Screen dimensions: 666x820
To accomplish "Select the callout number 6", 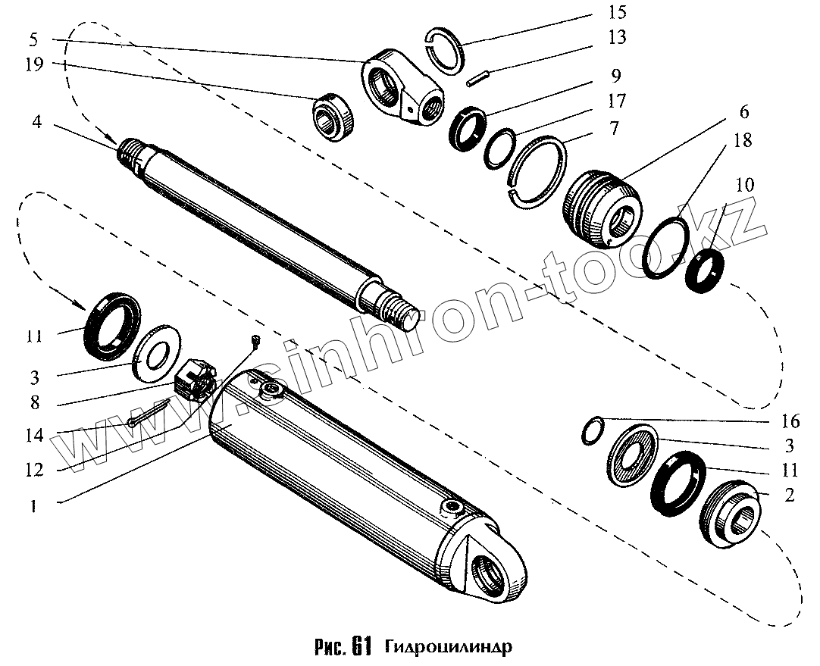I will click(743, 112).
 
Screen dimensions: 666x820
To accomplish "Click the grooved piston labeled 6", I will click(601, 207).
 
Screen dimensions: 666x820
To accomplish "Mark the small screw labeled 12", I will click(255, 342).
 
